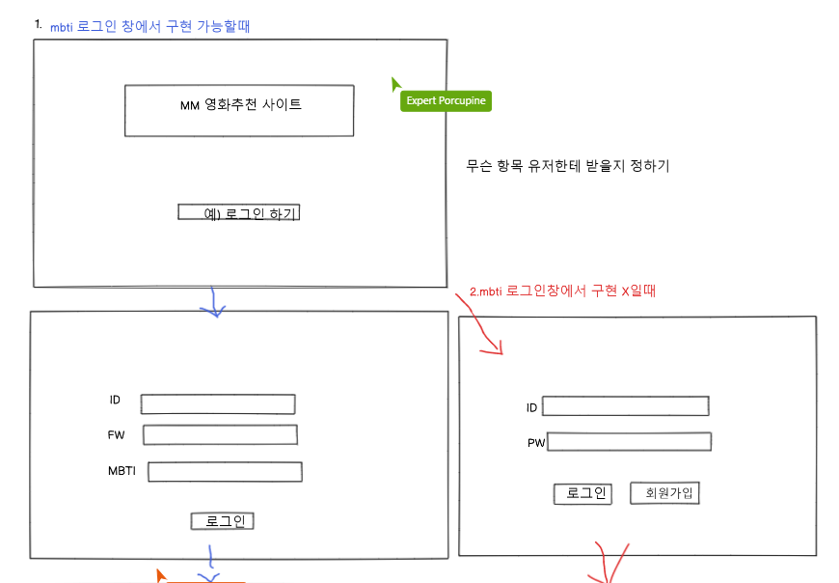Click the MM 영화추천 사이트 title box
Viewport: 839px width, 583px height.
(239, 110)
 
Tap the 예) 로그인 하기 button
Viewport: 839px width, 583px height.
(239, 212)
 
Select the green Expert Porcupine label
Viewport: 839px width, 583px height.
(446, 101)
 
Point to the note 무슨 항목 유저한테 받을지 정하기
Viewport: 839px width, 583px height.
(567, 166)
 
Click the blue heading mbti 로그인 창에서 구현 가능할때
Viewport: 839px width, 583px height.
(149, 27)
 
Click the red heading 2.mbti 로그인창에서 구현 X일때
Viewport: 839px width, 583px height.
(562, 290)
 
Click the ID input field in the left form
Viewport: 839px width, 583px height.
(218, 404)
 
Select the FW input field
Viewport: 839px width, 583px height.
(220, 434)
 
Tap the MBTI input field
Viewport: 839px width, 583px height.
(225, 472)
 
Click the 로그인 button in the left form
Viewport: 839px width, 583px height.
(223, 521)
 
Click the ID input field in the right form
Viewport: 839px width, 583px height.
(626, 406)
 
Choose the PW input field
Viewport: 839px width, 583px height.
(629, 442)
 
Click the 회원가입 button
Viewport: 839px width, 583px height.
(663, 493)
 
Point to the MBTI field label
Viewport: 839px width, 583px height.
(122, 471)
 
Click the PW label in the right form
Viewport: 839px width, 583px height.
(536, 443)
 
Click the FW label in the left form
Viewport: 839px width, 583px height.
(117, 435)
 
